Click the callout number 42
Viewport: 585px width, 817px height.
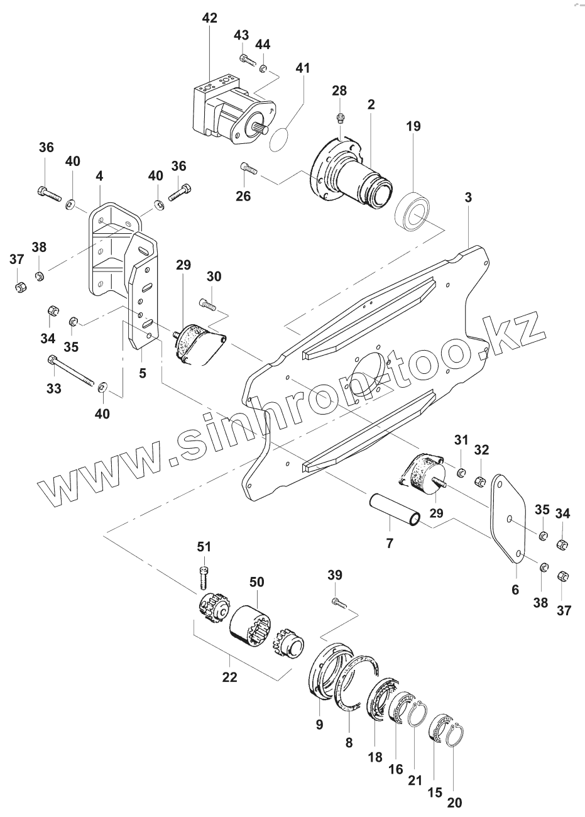tap(210, 18)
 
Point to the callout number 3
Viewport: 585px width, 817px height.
tap(468, 198)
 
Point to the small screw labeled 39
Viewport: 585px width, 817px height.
tap(337, 602)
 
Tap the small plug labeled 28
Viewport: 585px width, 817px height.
tap(339, 116)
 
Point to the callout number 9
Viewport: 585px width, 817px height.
tap(319, 724)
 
